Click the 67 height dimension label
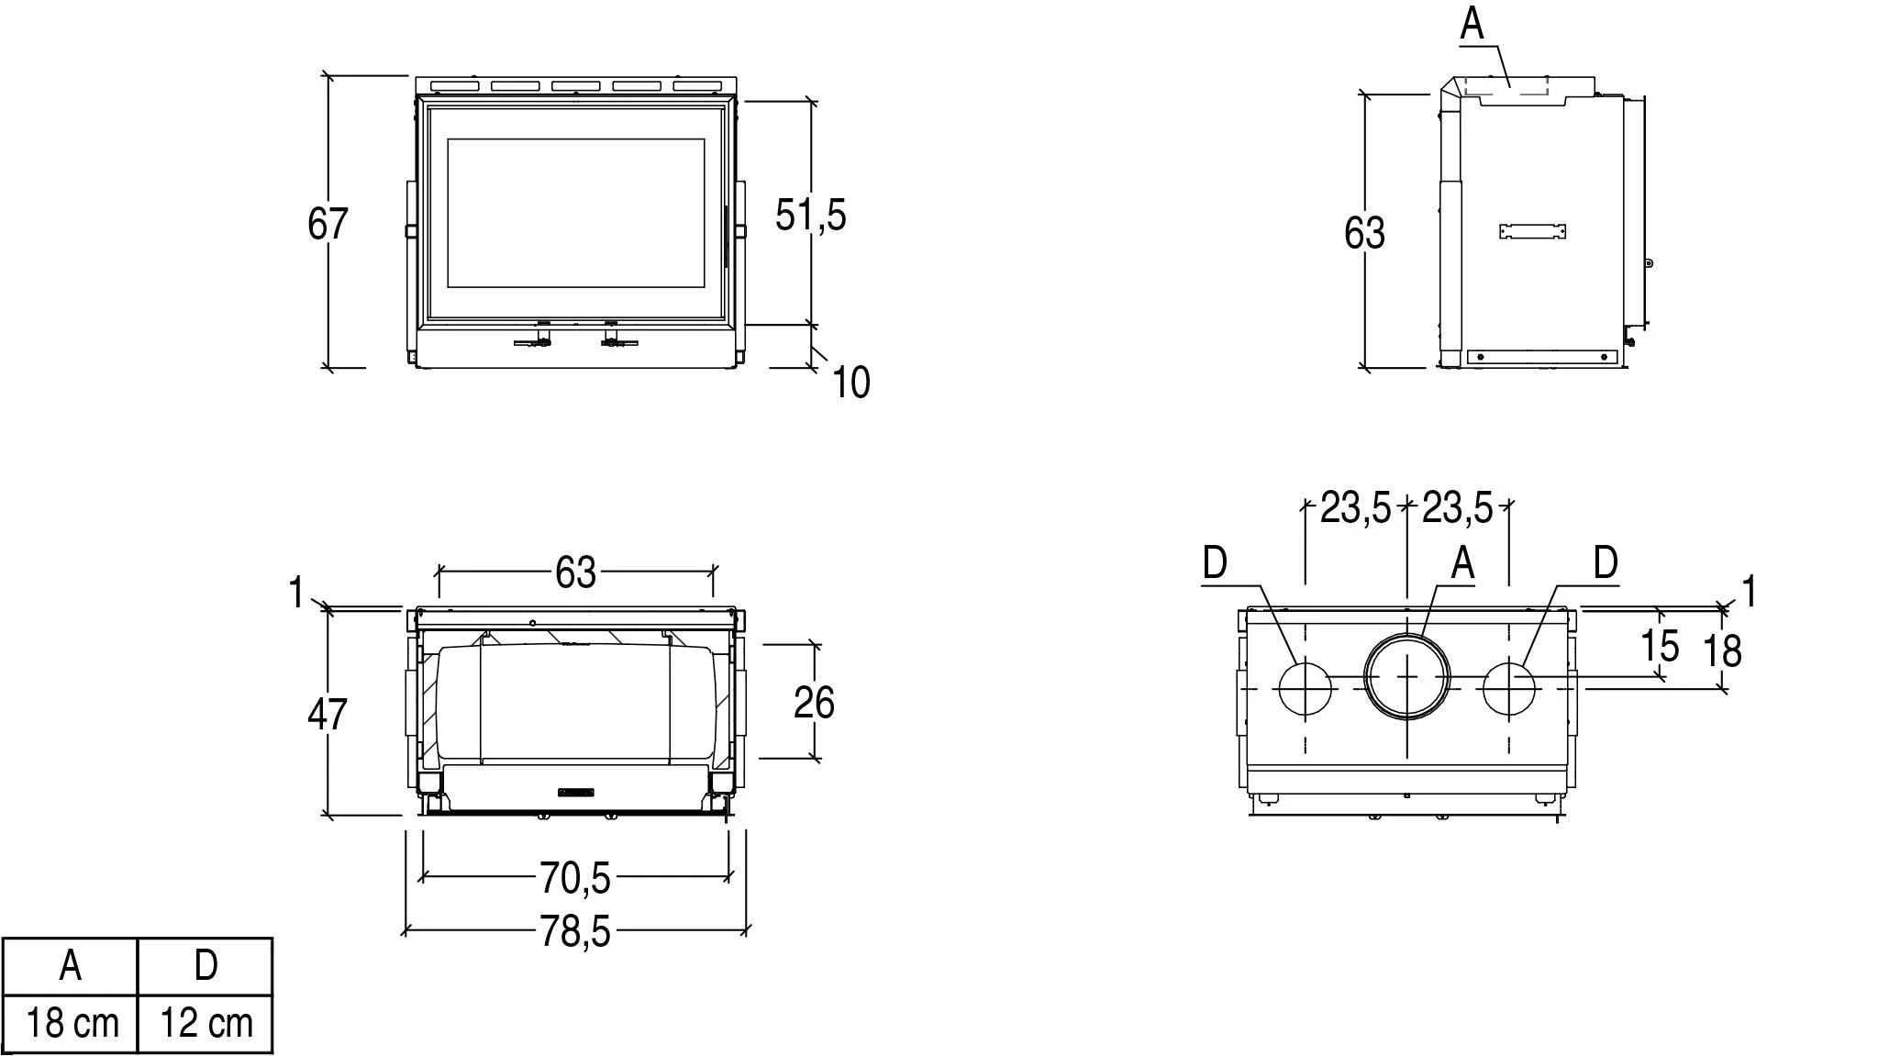point(328,224)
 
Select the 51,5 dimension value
point(811,216)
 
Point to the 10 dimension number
point(850,382)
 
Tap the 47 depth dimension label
point(328,714)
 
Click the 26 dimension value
point(814,703)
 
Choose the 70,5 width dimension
point(574,878)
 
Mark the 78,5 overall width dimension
point(574,932)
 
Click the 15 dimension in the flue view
point(1660,645)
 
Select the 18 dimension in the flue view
point(1722,650)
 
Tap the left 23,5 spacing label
point(1356,507)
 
